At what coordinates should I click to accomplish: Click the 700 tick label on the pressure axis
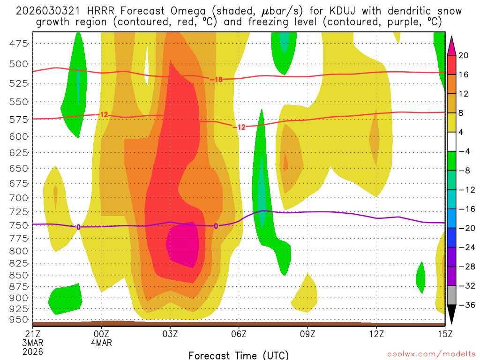(x=18, y=197)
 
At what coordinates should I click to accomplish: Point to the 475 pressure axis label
(x=18, y=44)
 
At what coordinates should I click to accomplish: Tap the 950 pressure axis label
(x=18, y=320)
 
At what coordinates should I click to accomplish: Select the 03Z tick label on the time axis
(x=170, y=334)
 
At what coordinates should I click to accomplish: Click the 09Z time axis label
(x=307, y=334)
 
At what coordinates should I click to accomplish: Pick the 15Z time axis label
(x=445, y=334)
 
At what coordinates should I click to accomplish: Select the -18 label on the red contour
(x=216, y=80)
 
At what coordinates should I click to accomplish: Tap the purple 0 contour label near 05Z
(x=216, y=226)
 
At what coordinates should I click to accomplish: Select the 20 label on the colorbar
(x=464, y=55)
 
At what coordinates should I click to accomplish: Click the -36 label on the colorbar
(x=465, y=305)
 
